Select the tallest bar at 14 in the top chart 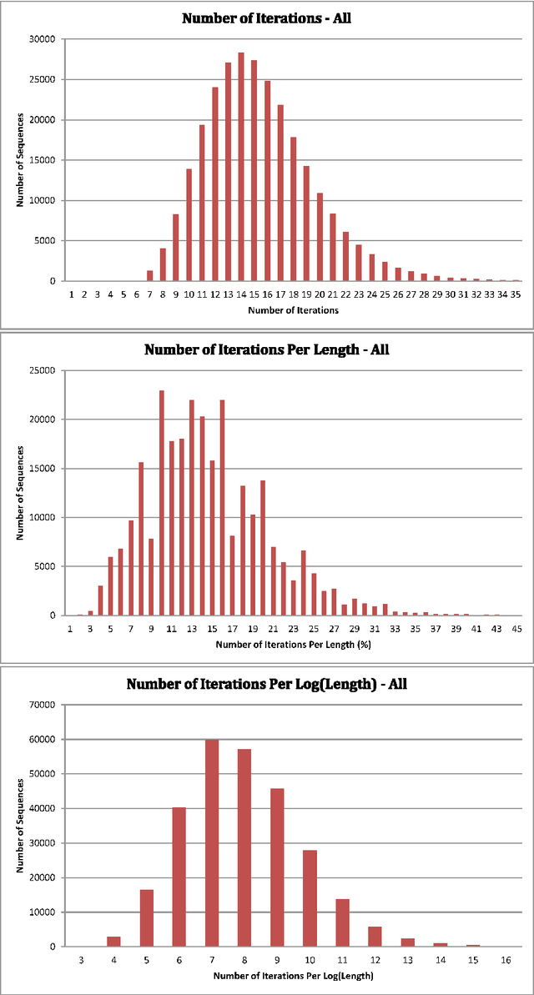[240, 167]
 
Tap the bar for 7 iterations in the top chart [150, 276]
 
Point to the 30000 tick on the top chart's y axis [43, 39]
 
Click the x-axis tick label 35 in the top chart [516, 294]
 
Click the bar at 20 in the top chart [319, 238]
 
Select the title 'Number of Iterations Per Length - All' [266, 350]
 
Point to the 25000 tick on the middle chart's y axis [43, 370]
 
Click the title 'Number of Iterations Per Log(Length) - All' [266, 684]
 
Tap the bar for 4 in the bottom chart [113, 942]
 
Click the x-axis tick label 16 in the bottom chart [506, 961]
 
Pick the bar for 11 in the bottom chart [342, 922]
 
